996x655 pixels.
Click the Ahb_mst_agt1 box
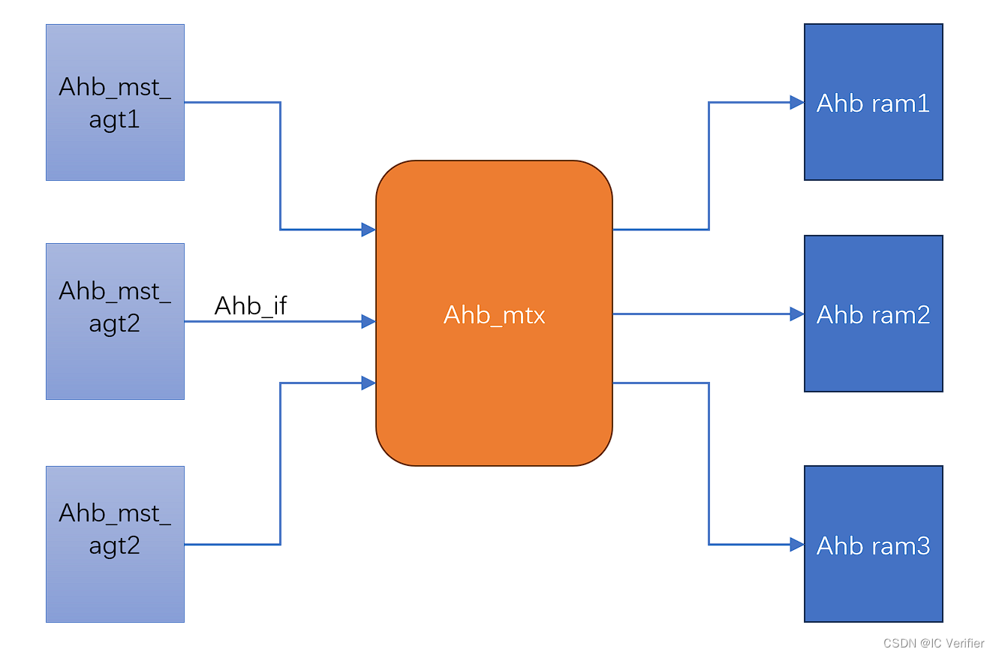coord(115,102)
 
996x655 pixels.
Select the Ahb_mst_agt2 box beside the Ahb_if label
coord(115,321)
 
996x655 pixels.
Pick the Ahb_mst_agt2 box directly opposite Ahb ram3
coord(115,544)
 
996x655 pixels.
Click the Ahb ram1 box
coord(873,102)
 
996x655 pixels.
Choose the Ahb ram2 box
coord(873,314)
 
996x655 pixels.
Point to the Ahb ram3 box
coord(873,544)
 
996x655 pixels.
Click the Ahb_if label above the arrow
coord(251,305)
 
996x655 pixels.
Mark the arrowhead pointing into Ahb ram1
coord(797,103)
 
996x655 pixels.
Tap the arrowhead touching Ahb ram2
coord(797,314)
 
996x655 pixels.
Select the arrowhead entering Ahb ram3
coord(797,545)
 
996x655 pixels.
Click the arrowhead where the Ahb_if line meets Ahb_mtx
coord(369,322)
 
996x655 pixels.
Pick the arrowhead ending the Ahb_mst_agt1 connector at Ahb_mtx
coord(369,230)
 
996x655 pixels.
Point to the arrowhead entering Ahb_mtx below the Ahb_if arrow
coord(369,383)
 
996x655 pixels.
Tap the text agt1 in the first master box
coord(115,119)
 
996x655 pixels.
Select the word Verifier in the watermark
coord(964,643)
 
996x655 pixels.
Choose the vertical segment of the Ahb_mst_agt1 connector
coord(280,166)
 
